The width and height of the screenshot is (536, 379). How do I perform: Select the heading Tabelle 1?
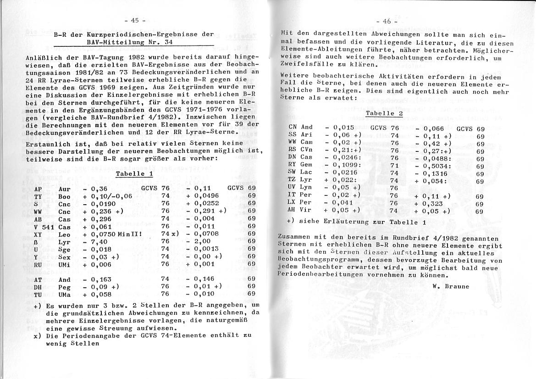pyautogui.click(x=134, y=174)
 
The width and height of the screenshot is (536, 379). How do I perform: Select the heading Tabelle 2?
pyautogui.click(x=384, y=113)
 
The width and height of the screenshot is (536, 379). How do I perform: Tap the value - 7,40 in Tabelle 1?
pyautogui.click(x=96, y=241)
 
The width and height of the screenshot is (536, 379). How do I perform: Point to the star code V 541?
pyautogui.click(x=44, y=226)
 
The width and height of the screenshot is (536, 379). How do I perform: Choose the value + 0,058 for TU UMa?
pyautogui.click(x=98, y=294)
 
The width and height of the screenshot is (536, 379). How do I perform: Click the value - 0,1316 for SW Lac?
pyautogui.click(x=432, y=173)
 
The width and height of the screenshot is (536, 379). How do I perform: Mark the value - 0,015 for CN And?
pyautogui.click(x=339, y=127)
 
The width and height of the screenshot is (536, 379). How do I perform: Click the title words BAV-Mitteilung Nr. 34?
pyautogui.click(x=129, y=42)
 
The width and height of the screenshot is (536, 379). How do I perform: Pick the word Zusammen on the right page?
pyautogui.click(x=295, y=238)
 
